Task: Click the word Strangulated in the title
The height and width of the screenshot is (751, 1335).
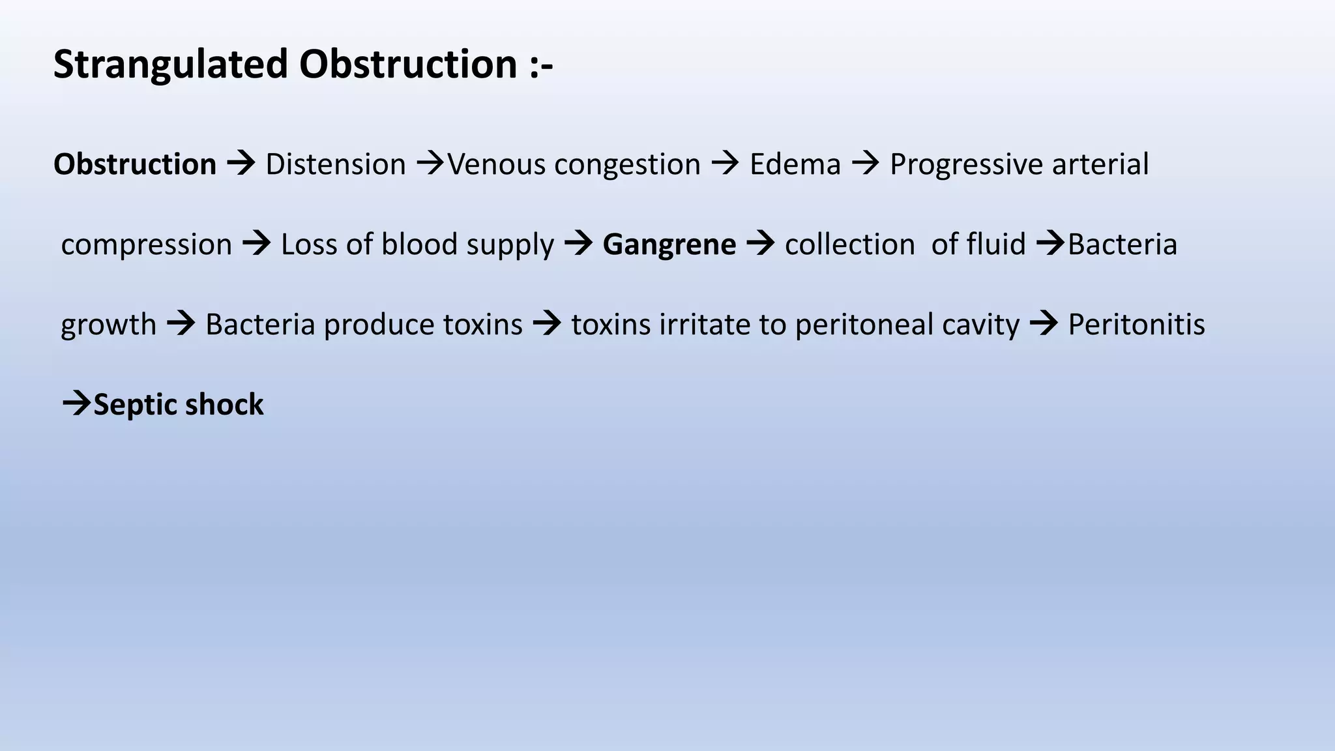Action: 171,65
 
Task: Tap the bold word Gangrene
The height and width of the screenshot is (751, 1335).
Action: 669,244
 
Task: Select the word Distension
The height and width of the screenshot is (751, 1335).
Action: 336,164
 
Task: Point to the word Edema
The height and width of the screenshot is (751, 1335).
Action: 795,164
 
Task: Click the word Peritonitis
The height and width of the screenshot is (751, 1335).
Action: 1136,325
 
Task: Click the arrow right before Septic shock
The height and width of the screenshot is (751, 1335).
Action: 76,404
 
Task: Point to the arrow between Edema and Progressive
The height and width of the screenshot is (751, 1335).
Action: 866,163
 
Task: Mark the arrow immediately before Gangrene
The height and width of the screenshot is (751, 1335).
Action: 578,244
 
